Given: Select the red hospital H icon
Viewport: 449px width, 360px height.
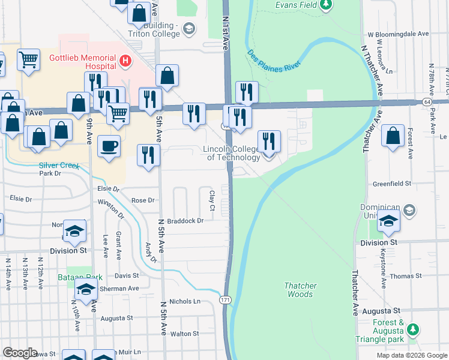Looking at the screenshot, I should (x=125, y=60).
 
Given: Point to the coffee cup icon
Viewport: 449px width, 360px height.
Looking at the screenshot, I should (x=109, y=146).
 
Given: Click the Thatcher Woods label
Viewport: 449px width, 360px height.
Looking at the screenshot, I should (x=300, y=290).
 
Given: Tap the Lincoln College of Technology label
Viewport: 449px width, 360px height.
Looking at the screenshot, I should (x=233, y=153).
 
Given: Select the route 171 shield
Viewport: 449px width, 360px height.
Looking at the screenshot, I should (x=224, y=299).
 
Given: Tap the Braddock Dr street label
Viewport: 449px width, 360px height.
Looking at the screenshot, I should (x=185, y=221).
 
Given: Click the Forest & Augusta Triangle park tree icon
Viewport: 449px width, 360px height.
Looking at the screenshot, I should (x=412, y=329).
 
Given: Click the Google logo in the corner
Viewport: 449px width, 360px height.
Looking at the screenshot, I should (x=20, y=353).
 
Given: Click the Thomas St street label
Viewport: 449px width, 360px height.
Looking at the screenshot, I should (x=405, y=276).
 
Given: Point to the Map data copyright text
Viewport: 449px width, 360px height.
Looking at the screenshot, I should (x=411, y=355).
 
